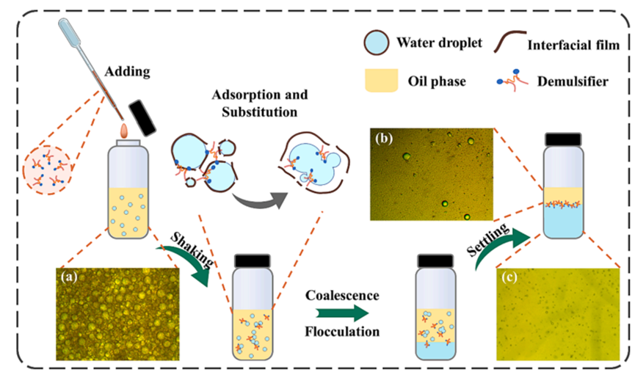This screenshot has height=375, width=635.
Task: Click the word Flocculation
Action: (x=342, y=332)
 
